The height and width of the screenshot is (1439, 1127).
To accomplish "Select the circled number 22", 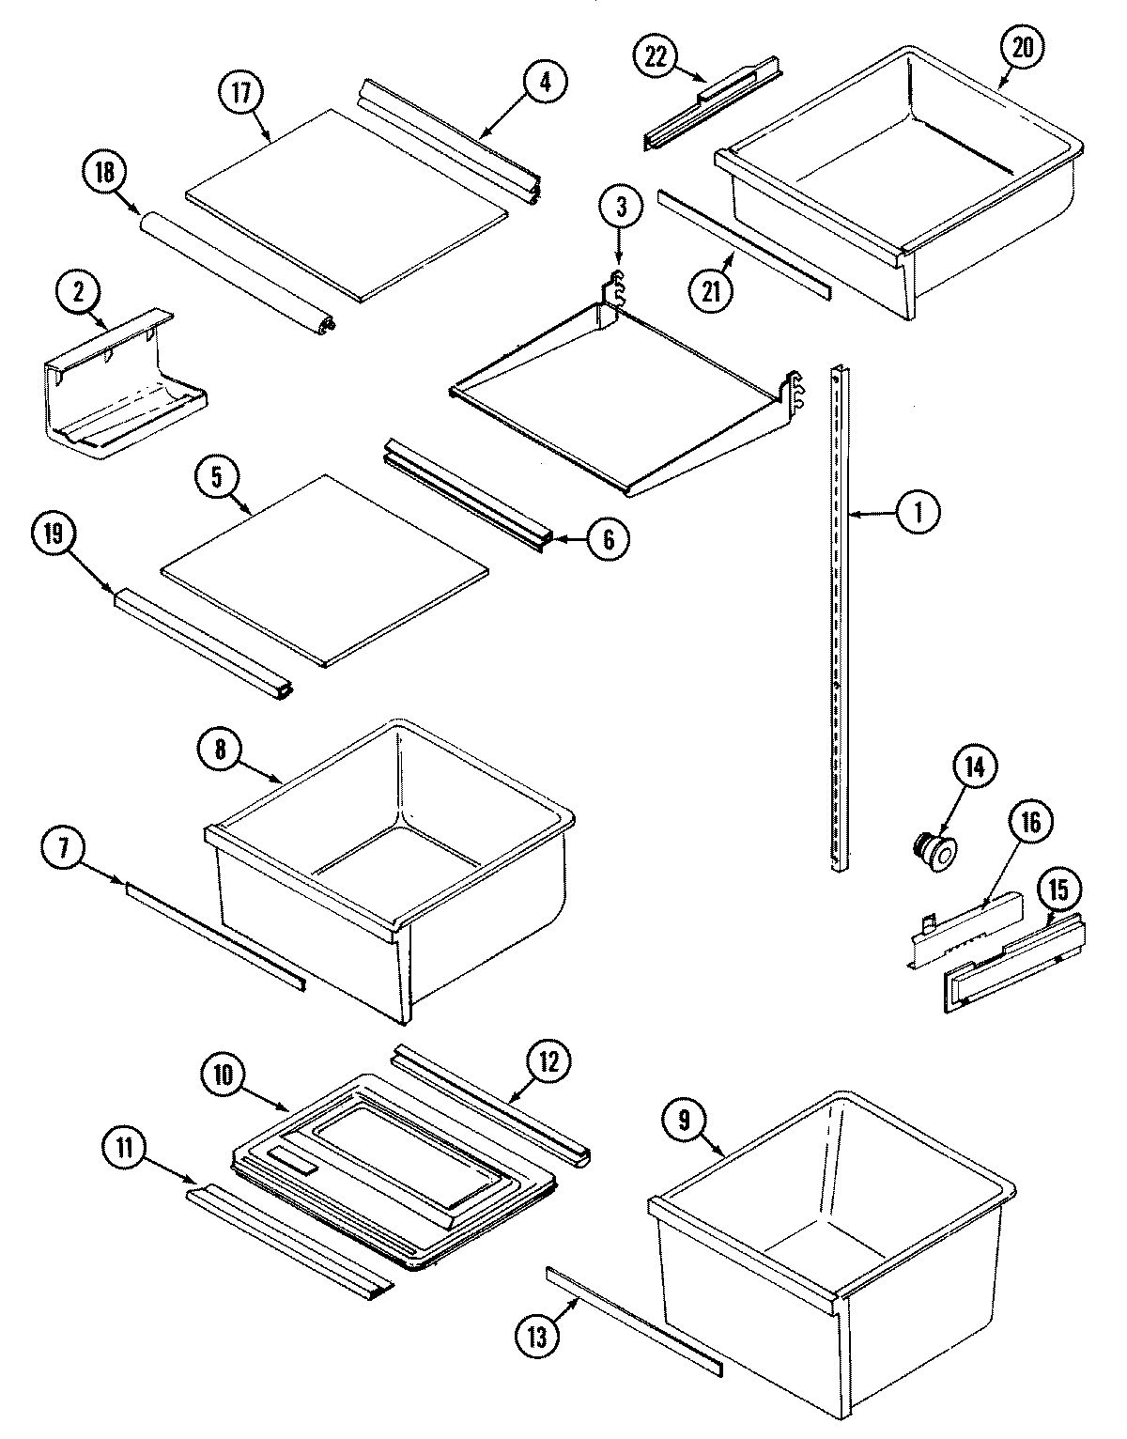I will (x=655, y=56).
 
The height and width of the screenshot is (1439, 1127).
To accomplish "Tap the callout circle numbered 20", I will (x=1023, y=48).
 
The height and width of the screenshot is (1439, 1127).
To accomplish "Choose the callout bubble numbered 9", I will (x=684, y=1119).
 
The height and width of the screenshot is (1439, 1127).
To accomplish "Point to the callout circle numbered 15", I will (x=1058, y=890).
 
